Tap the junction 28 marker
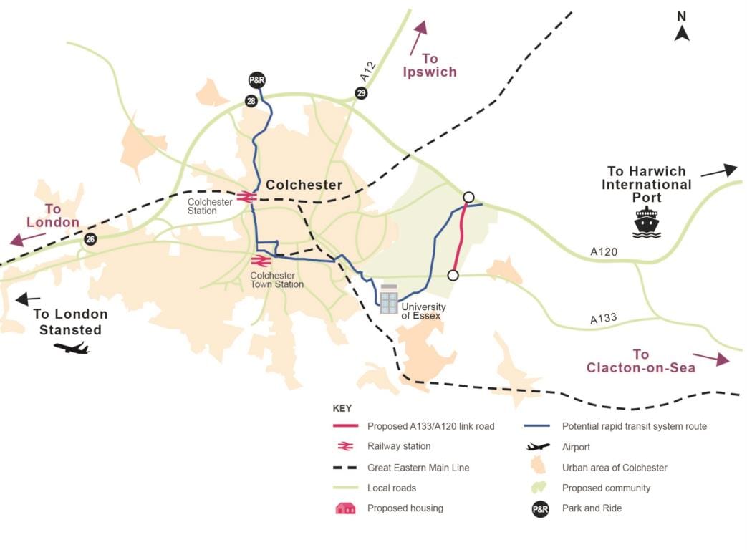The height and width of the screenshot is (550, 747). pos(251,102)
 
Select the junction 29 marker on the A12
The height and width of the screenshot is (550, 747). pos(361,93)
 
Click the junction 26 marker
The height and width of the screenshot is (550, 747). pos(90,239)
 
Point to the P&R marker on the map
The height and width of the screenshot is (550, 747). pos(256,80)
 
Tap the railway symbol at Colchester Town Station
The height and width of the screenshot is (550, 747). pos(261,261)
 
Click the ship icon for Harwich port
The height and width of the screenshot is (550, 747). pos(646,222)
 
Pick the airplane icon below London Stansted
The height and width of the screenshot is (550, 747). pos(72,348)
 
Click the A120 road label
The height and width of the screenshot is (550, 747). pos(603,251)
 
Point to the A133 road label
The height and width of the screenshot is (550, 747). pos(604,319)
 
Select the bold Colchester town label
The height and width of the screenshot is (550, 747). pos(304,185)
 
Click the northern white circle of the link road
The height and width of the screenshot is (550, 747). pos(468,197)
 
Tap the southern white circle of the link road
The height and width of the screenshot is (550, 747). pos(453,275)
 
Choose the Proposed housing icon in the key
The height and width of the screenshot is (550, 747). pos(346,508)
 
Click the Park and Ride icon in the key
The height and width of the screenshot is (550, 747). pos(539,510)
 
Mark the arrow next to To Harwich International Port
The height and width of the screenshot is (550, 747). pos(718,170)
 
